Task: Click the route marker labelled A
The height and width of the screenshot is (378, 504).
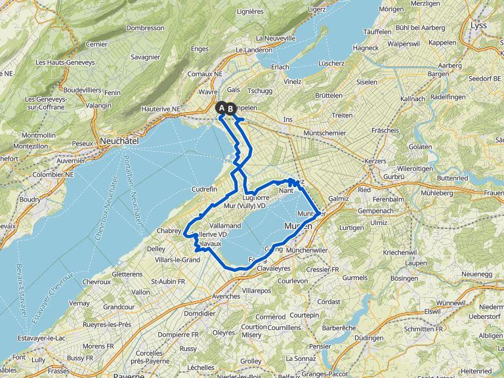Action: coord(222,108)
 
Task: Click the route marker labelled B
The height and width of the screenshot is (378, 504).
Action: coord(231,109)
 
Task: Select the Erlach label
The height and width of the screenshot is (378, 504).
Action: coord(280,67)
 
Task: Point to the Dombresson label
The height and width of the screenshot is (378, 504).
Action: coord(145,28)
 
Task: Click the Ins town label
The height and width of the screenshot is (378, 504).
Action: coord(287,119)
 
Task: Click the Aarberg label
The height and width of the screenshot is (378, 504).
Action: coord(450,66)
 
